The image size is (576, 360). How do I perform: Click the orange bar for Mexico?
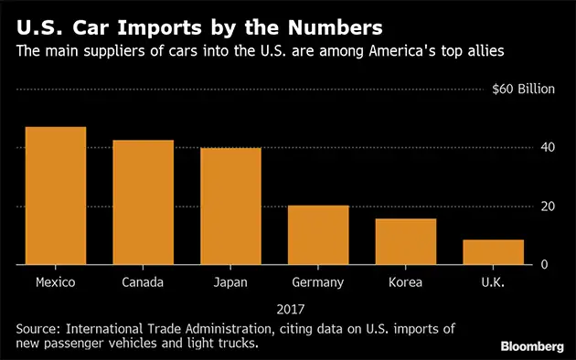(55, 196)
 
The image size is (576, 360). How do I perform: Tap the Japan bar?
(230, 206)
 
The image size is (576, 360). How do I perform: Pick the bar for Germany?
(317, 235)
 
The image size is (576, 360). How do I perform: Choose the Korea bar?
(405, 241)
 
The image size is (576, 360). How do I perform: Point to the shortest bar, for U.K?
(493, 252)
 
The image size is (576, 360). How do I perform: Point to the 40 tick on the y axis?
(547, 148)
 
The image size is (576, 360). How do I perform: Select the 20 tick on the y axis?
(547, 206)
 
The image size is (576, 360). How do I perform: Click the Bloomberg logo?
(532, 346)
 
